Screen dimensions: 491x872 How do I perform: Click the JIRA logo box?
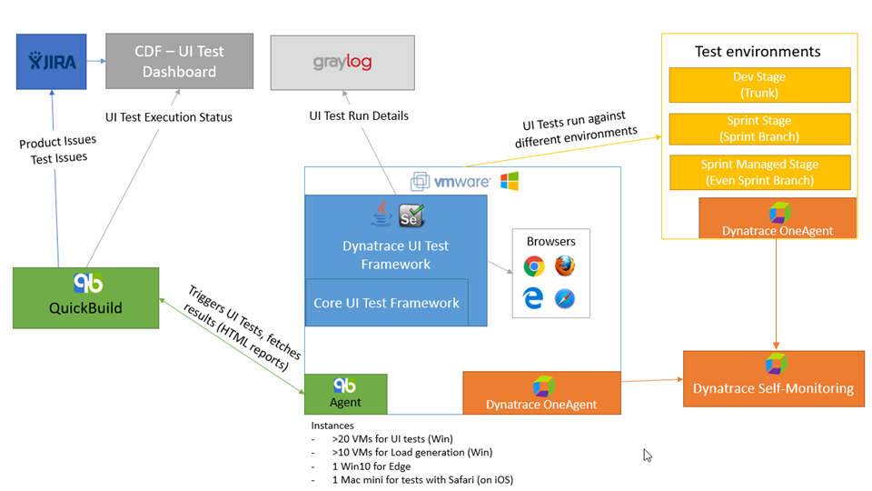[51, 61]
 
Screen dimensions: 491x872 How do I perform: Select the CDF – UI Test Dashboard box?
[179, 62]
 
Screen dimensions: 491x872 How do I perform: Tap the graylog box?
[342, 63]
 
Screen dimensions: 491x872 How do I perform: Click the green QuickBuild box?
[85, 297]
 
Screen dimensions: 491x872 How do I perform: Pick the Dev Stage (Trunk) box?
[759, 85]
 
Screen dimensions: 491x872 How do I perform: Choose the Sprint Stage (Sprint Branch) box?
[759, 128]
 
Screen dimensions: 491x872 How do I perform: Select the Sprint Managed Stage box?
[759, 172]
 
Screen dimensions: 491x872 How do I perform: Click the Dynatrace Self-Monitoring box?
[773, 377]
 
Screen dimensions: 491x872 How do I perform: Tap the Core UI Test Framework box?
[387, 303]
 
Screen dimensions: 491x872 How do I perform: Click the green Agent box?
[345, 394]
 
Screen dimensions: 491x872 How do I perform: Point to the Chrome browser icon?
[534, 266]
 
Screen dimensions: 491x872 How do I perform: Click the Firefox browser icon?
[565, 266]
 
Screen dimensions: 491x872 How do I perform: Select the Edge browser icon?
[534, 298]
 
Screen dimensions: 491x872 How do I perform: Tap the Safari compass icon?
[565, 299]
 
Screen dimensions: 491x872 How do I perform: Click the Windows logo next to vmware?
[509, 181]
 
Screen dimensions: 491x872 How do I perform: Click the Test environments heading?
[758, 52]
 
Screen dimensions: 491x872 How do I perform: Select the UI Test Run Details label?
[359, 115]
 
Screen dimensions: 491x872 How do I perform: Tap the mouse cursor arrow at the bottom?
[648, 455]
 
